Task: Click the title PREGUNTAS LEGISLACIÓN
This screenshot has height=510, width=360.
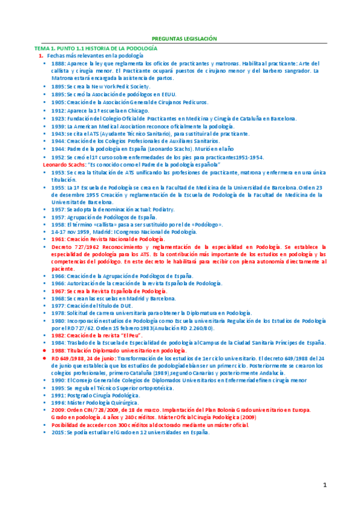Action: pyautogui.click(x=180, y=37)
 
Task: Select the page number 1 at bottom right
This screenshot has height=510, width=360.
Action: pyautogui.click(x=324, y=485)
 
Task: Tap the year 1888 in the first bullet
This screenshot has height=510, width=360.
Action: pyautogui.click(x=58, y=63)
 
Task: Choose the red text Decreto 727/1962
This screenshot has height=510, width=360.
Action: pyautogui.click(x=76, y=247)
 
